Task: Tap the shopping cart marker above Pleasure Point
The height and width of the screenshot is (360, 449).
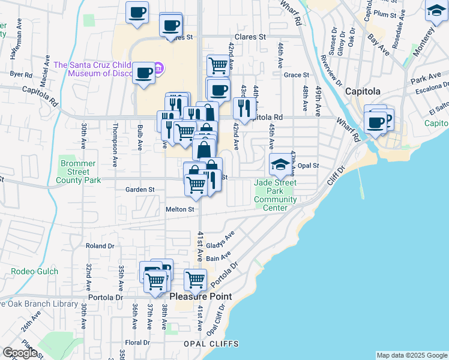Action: click(x=196, y=280)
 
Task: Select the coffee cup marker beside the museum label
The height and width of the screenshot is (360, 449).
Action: click(x=144, y=73)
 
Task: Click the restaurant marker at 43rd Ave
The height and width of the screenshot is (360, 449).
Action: click(x=244, y=108)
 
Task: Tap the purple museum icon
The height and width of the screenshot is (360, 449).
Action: click(x=159, y=68)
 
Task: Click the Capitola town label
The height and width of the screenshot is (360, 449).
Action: click(x=363, y=91)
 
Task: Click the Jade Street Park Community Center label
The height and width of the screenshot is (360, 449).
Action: click(x=275, y=195)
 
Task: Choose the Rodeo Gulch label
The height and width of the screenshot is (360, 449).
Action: click(x=35, y=271)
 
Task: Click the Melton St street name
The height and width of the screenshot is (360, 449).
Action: click(x=180, y=209)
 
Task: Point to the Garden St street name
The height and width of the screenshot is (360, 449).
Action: click(x=140, y=190)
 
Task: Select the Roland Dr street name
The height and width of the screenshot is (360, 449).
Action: click(x=100, y=246)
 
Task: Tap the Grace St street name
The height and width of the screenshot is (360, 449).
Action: click(x=296, y=75)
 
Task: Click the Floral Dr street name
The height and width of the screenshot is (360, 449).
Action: click(x=137, y=343)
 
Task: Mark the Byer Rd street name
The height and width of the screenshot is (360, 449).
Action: click(x=20, y=74)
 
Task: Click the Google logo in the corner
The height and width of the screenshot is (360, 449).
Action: click(x=20, y=353)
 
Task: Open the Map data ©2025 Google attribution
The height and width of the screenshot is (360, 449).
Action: click(x=412, y=355)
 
